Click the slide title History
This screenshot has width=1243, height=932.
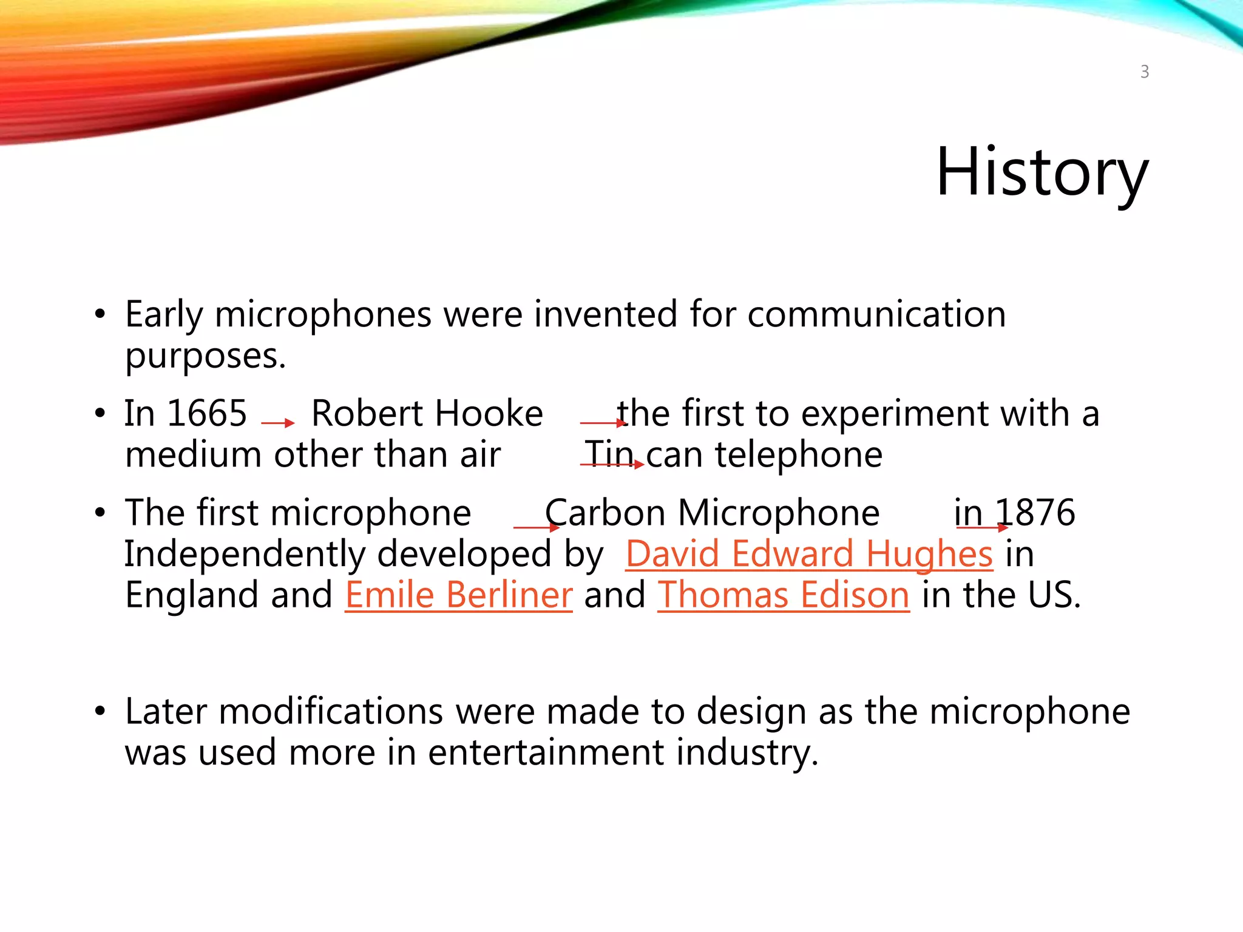pos(1041,172)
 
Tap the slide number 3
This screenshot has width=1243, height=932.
pos(1144,72)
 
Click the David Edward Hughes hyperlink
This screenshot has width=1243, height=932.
pos(809,554)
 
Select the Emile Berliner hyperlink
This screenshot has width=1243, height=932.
pos(458,595)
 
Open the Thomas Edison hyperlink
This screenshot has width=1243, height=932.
pos(783,595)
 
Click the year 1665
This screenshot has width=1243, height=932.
pos(207,414)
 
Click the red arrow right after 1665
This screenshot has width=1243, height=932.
pos(278,423)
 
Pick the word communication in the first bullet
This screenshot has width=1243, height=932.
pos(876,314)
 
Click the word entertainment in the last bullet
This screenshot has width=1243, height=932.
pos(545,752)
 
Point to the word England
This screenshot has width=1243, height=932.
pos(192,595)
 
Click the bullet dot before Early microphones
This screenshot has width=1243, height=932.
pos(100,316)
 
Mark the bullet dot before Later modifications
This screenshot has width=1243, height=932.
pos(100,711)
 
